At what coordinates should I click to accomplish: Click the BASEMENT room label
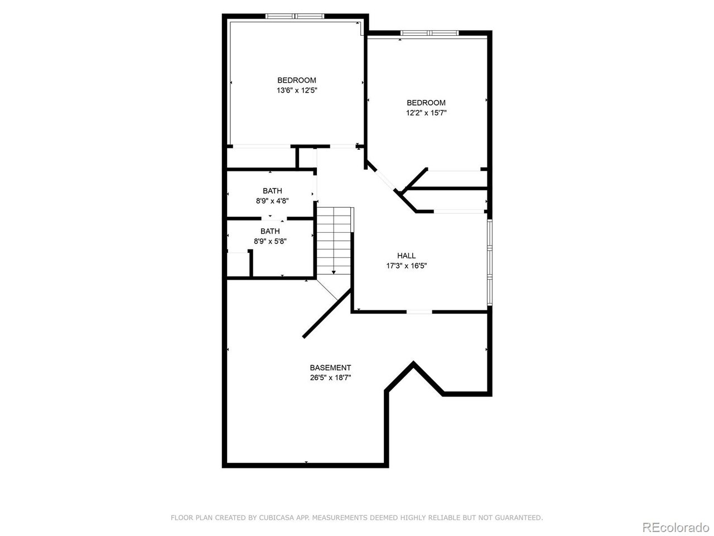coord(330,368)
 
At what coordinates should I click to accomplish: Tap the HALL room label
coord(406,256)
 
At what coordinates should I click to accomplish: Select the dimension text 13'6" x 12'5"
coord(297,90)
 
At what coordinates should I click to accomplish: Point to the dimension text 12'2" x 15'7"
coord(426,113)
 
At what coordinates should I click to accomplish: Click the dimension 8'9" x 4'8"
coord(272,201)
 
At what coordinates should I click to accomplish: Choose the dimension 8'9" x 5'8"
coord(270,241)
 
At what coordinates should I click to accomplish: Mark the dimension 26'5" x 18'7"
coord(330,378)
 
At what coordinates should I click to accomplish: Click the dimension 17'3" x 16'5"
coord(406,266)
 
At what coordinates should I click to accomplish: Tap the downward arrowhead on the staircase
coord(334,272)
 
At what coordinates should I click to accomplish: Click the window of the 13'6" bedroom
coord(295,16)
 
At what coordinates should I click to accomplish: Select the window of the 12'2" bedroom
coord(430,33)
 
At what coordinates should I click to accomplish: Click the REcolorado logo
coord(676,527)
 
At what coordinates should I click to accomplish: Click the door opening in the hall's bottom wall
coord(419,312)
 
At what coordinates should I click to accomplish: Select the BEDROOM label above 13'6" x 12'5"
coord(297,80)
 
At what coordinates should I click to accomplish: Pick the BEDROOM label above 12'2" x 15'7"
coord(426,103)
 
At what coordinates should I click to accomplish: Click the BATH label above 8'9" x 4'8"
coord(272,191)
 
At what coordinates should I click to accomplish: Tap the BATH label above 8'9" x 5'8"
coord(270,231)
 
